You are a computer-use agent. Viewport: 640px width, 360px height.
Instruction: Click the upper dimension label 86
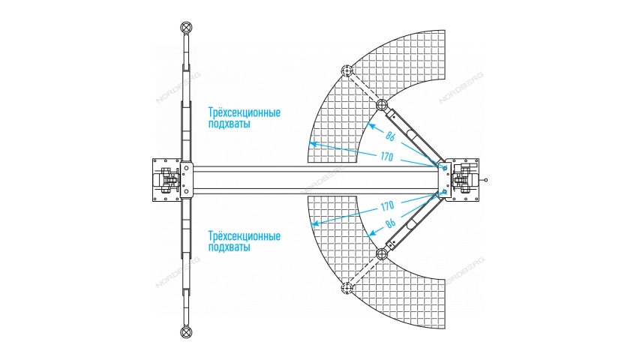[x=390, y=136]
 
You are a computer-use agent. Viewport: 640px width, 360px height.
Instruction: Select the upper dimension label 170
[x=387, y=156]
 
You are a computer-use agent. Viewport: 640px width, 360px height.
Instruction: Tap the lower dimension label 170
[x=387, y=206]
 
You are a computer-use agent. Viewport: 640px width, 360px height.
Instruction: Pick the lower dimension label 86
[x=391, y=223]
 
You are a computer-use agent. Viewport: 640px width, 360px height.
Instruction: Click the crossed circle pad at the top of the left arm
[x=187, y=28]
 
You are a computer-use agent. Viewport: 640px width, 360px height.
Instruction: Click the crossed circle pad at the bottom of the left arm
[x=187, y=331]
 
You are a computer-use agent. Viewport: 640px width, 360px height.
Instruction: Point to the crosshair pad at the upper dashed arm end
[x=347, y=70]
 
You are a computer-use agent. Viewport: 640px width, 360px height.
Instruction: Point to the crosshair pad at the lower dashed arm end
[x=347, y=288]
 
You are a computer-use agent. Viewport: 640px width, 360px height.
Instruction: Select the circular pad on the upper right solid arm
[x=381, y=105]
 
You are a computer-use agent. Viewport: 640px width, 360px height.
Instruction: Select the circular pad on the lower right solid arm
[x=381, y=254]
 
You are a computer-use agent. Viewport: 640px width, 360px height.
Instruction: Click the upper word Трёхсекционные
[x=245, y=112]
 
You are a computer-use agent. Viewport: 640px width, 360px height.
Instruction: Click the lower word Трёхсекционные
[x=245, y=236]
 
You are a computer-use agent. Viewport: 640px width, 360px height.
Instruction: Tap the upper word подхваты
[x=229, y=124]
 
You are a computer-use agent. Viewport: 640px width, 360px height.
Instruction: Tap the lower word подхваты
[x=229, y=247]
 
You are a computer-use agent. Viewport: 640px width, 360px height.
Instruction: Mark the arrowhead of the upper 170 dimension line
[x=312, y=143]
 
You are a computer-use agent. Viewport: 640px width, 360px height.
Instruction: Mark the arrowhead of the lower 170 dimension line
[x=314, y=224]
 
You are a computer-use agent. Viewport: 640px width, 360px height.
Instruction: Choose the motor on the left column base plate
[x=165, y=180]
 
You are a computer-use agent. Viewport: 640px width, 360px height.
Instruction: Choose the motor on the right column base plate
[x=466, y=180]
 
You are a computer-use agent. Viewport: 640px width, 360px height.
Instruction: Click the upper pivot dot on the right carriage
[x=445, y=168]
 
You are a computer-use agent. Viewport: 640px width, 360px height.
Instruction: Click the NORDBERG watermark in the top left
[x=178, y=87]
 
